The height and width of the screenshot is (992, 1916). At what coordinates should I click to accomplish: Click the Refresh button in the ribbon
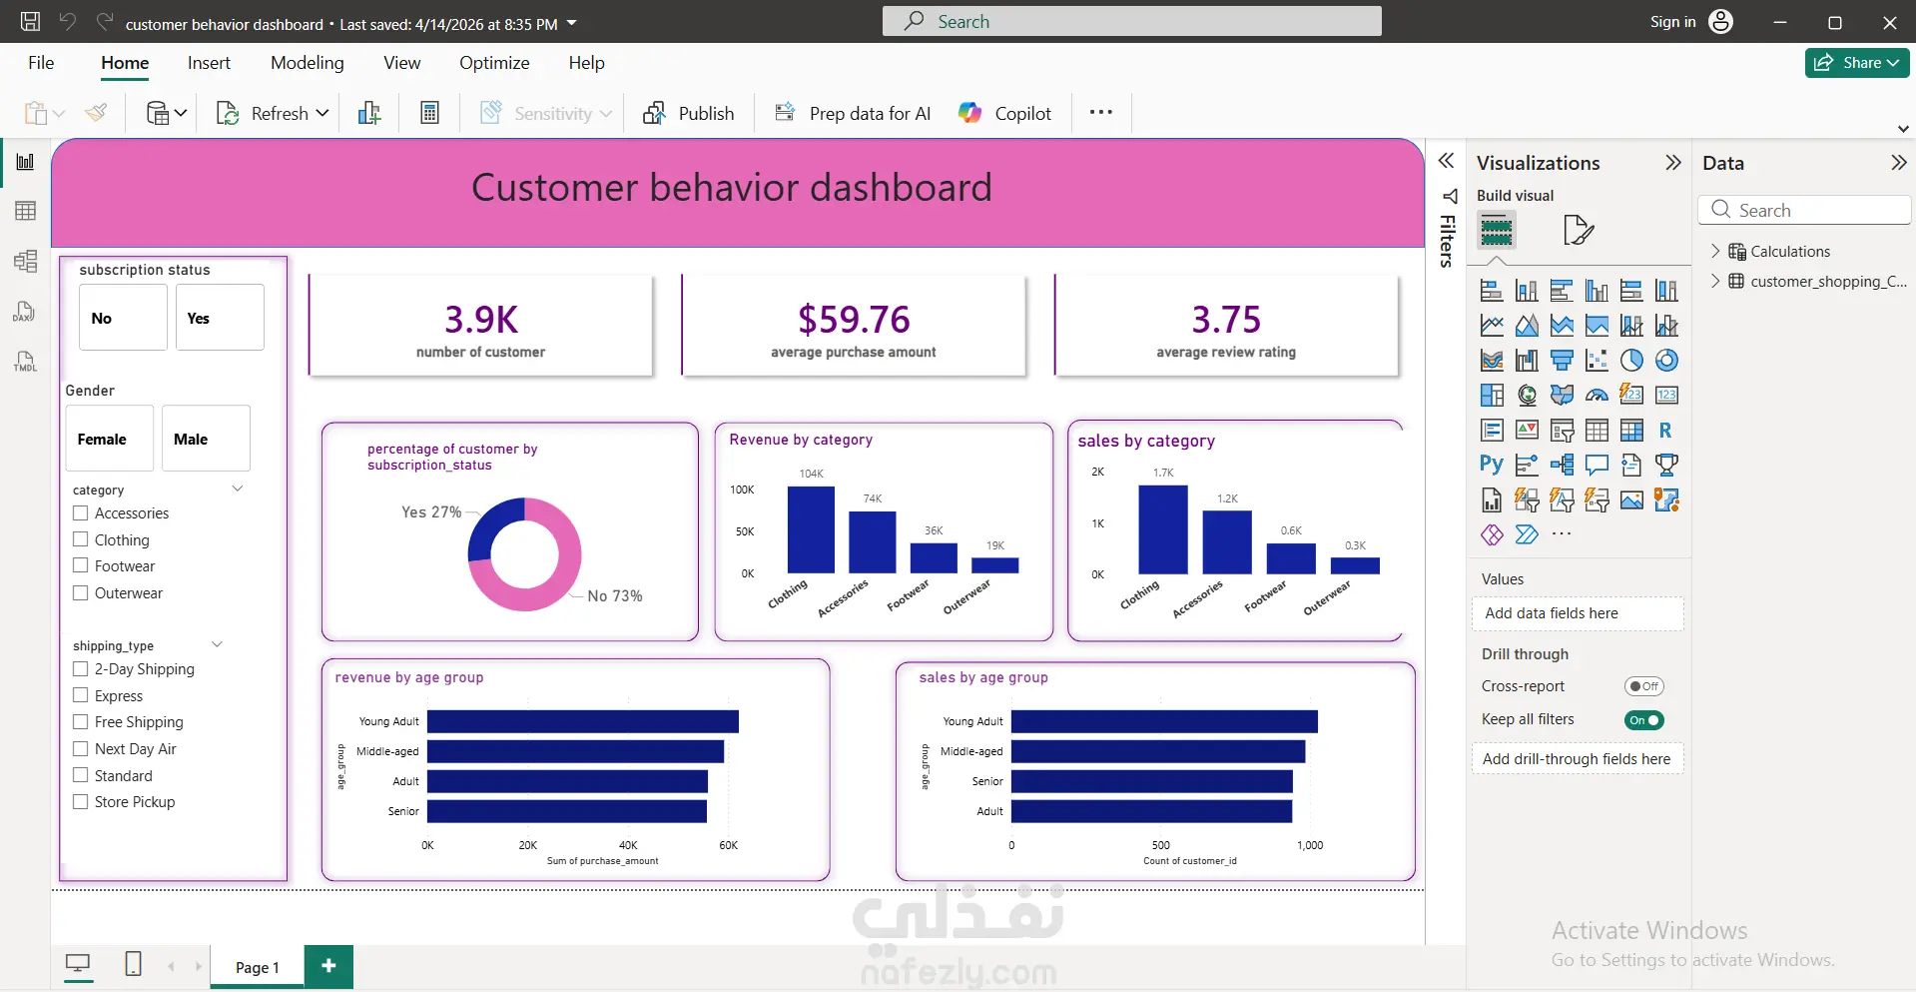[272, 114]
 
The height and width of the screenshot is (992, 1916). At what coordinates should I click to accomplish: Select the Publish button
[689, 114]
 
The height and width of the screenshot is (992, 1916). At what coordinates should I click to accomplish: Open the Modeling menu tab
[307, 63]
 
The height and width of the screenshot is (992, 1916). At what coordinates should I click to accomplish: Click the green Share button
[1857, 63]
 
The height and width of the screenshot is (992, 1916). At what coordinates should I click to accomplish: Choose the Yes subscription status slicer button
[220, 318]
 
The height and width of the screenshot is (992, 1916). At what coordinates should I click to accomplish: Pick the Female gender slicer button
[110, 439]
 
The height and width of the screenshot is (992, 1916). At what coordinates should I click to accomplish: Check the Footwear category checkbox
[81, 565]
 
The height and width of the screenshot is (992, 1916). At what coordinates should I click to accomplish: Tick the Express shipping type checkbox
[81, 695]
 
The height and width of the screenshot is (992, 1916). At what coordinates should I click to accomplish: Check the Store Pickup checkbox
[81, 801]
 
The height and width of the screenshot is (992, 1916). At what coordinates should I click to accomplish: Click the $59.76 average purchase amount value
[854, 320]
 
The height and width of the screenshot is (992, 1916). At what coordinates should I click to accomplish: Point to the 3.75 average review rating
[1226, 320]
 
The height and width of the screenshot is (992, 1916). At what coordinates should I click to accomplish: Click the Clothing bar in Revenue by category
[811, 529]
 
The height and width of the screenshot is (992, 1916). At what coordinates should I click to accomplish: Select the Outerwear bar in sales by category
[1355, 565]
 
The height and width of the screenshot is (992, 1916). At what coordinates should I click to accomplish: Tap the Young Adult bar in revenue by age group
[583, 721]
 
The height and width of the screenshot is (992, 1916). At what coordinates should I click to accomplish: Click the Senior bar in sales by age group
[1152, 781]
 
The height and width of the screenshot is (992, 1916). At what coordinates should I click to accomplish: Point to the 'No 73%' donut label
[615, 596]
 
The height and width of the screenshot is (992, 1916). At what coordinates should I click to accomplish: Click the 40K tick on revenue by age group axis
[628, 845]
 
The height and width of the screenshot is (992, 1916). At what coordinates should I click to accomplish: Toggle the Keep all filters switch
[1643, 720]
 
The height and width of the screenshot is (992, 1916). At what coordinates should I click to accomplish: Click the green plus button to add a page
[328, 966]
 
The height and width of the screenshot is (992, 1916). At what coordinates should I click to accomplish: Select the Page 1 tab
[258, 967]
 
